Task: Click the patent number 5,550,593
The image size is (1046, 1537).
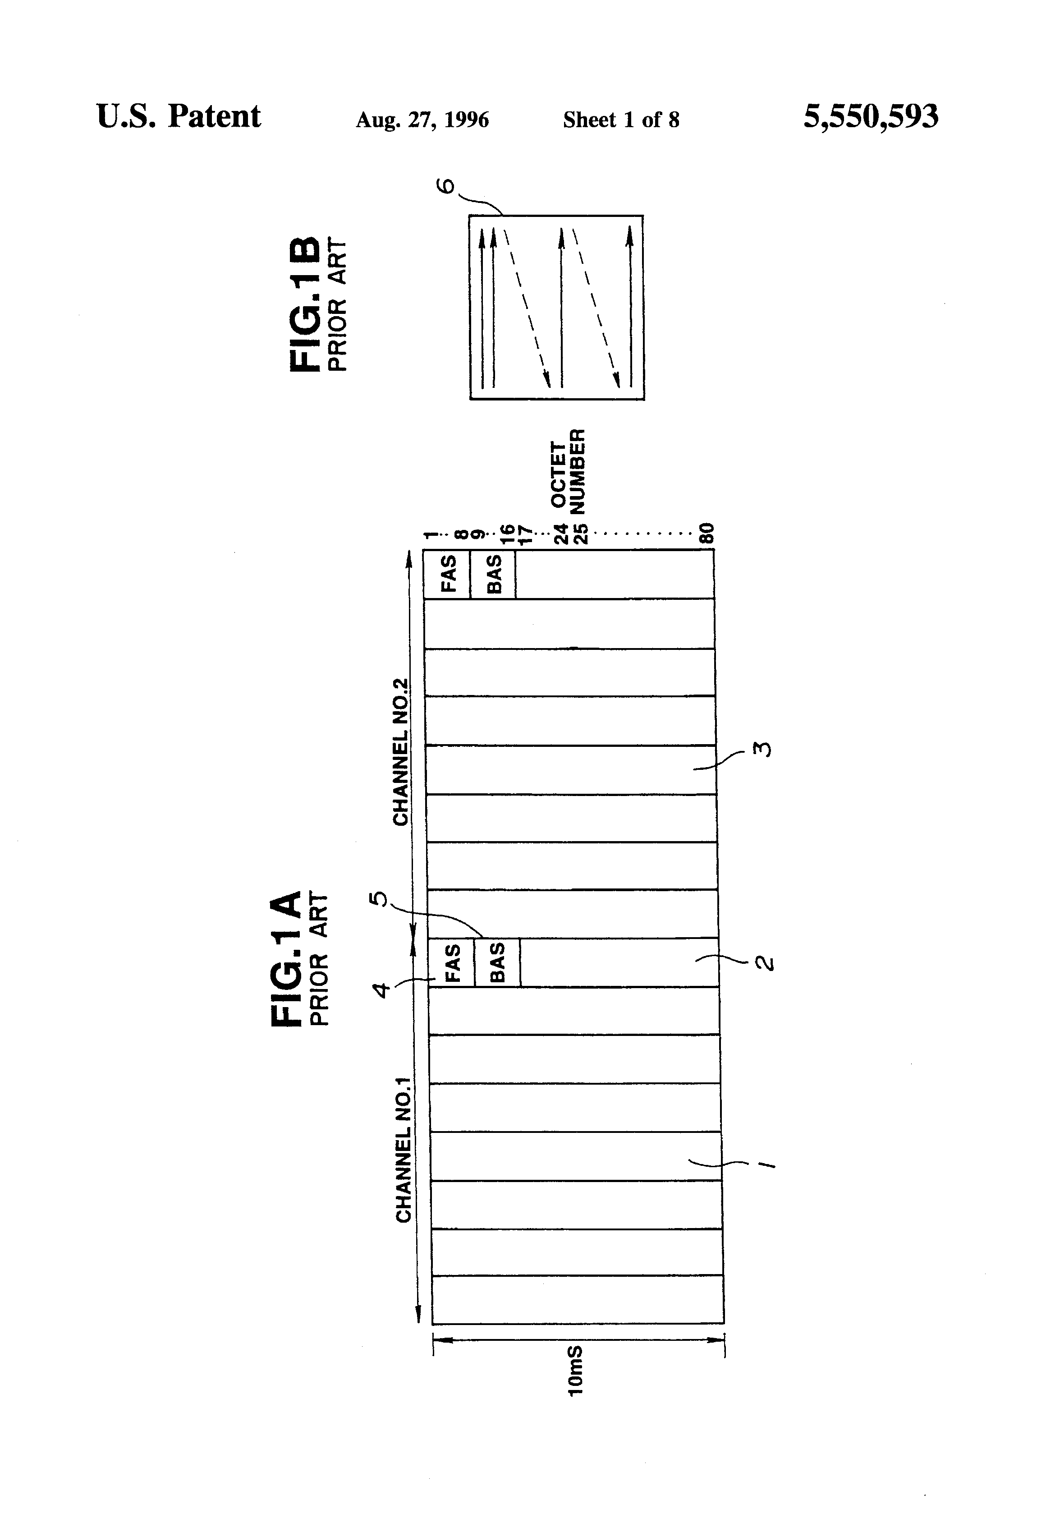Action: tap(870, 118)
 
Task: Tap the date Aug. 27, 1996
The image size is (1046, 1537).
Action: tap(422, 120)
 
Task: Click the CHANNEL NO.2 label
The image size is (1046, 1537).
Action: tap(401, 752)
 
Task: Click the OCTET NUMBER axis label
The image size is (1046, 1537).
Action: tap(569, 472)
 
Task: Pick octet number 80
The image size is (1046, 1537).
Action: tap(707, 533)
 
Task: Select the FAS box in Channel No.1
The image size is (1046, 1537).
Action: tap(452, 962)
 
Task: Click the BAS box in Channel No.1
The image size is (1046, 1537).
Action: tap(497, 962)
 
